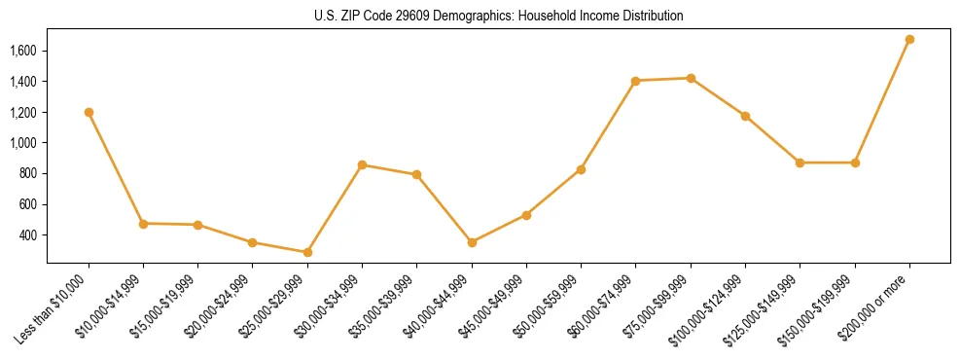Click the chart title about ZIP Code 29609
[499, 17]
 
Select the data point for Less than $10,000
[89, 112]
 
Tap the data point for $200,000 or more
[909, 39]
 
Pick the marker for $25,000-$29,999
[307, 252]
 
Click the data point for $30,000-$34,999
[362, 164]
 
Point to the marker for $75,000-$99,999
[691, 78]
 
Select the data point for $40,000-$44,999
[472, 242]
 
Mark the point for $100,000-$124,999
[745, 116]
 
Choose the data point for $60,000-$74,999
[635, 81]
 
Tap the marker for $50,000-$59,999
[581, 169]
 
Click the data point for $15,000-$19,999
[197, 225]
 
